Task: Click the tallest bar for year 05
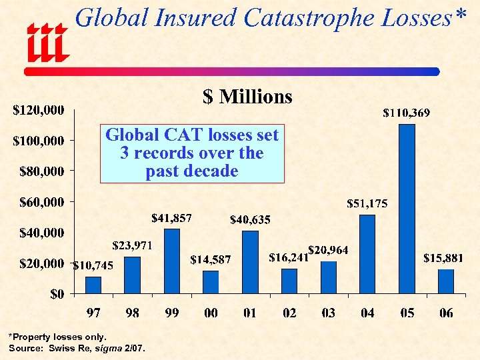[407, 209]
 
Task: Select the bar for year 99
[171, 261]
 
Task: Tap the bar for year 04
[367, 254]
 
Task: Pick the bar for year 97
[93, 285]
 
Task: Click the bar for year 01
[250, 262]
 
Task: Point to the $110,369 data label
[406, 113]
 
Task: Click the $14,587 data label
[210, 259]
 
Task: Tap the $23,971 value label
[133, 245]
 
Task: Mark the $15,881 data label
[444, 258]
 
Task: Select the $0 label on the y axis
[57, 294]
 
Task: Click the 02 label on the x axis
[289, 313]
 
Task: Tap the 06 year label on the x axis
[446, 313]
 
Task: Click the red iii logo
[47, 45]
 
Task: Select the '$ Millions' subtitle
[247, 97]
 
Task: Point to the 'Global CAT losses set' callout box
[192, 153]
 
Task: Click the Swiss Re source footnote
[77, 349]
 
